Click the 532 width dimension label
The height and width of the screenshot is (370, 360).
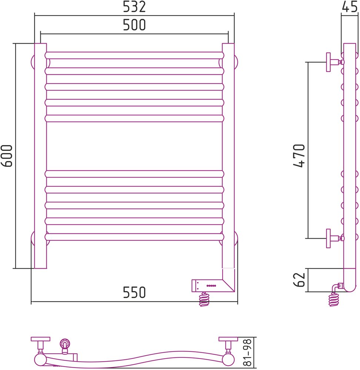(x=134, y=7)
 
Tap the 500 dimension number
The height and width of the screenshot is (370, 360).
(x=134, y=25)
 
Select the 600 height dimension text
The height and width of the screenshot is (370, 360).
(x=7, y=156)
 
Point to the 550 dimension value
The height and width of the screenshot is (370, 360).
(x=134, y=293)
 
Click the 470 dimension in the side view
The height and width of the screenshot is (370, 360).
(x=299, y=156)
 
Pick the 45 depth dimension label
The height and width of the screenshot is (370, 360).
(x=350, y=7)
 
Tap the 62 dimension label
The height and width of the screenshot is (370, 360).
(x=299, y=280)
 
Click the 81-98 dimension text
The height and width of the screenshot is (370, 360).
(x=247, y=353)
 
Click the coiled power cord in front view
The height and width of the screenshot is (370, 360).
(x=204, y=299)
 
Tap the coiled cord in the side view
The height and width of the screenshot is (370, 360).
(x=334, y=299)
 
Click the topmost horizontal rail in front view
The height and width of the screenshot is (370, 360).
(x=134, y=55)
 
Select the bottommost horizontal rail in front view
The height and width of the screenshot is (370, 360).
(x=134, y=237)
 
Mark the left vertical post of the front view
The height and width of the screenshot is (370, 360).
(x=41, y=156)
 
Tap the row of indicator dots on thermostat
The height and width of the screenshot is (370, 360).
(x=211, y=286)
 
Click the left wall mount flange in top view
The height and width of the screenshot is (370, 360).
(x=40, y=339)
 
